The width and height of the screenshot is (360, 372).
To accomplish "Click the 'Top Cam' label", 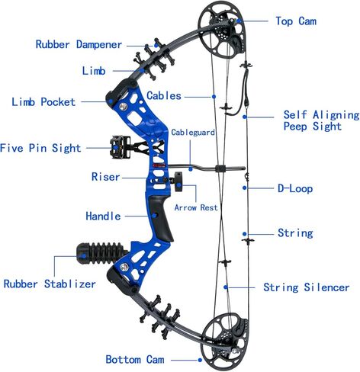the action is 296,21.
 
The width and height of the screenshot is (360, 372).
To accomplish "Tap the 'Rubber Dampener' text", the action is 79,44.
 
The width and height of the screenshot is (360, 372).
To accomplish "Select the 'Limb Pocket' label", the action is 43,102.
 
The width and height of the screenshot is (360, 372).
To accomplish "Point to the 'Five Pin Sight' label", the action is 40,148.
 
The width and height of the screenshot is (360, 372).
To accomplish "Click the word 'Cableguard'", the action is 193,132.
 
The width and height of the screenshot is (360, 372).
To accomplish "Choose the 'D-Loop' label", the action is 295,188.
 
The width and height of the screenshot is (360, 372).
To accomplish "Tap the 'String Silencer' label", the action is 307,287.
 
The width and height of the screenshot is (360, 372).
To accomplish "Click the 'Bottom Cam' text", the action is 135,360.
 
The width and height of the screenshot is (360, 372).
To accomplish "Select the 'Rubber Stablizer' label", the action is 50,284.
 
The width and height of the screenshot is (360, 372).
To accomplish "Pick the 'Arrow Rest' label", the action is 196,207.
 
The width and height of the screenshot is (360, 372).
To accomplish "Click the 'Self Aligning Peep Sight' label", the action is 321,120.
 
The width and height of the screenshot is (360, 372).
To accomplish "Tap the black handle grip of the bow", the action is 161,218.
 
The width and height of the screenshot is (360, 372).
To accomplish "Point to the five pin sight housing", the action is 120,147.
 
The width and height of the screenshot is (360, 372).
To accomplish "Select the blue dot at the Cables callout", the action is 214,97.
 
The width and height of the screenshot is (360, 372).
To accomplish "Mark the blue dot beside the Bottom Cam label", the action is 200,360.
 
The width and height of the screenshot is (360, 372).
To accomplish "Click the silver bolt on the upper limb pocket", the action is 124,107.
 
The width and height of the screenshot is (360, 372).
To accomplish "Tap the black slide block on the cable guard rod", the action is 220,168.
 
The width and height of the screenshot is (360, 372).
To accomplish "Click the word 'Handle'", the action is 103,216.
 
